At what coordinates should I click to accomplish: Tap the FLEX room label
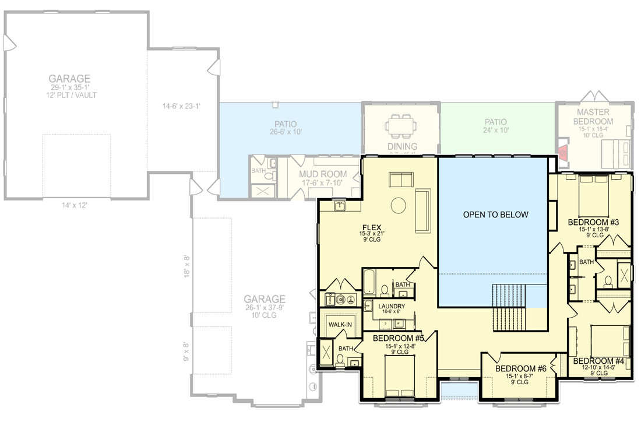(x=371, y=227)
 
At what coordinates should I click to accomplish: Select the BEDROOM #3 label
(x=593, y=222)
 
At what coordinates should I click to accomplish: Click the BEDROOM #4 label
(x=598, y=361)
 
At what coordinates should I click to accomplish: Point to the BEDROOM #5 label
(x=398, y=338)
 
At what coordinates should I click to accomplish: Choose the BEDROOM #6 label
(x=521, y=368)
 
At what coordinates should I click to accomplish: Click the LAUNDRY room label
(x=391, y=306)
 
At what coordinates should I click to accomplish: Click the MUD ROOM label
(x=323, y=174)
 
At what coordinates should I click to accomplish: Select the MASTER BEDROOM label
(x=593, y=117)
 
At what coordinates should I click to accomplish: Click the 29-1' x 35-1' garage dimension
(x=69, y=87)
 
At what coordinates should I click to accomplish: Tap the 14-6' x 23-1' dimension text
(x=181, y=106)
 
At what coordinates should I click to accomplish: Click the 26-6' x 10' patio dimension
(x=286, y=132)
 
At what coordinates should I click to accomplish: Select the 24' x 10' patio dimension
(x=496, y=131)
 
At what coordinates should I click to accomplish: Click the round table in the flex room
(x=399, y=206)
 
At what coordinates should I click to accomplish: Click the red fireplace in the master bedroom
(x=562, y=153)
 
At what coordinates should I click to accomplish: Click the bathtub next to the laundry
(x=370, y=283)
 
